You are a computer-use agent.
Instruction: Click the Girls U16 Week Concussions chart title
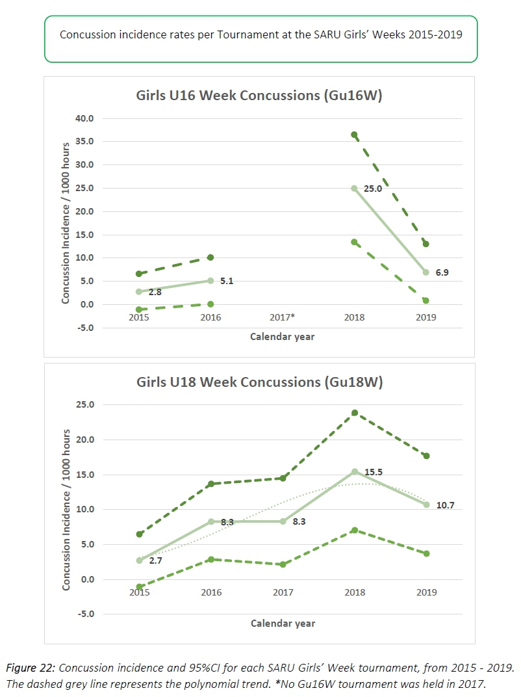tap(259, 96)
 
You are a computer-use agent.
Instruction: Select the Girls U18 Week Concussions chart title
tap(259, 382)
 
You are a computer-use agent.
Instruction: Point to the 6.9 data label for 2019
tap(442, 272)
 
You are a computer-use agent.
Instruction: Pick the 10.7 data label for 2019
tap(444, 505)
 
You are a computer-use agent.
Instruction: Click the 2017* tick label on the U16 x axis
tap(283, 317)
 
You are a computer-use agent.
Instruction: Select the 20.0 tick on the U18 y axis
tap(86, 440)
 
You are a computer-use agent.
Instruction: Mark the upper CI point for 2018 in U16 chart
tap(354, 135)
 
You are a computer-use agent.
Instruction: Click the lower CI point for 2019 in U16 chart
tap(426, 300)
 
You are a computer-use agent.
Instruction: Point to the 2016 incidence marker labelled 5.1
tap(210, 281)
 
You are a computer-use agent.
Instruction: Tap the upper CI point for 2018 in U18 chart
tap(354, 413)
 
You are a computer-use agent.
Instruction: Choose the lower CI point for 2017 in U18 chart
tap(283, 564)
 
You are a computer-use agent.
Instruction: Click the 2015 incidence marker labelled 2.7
tap(139, 560)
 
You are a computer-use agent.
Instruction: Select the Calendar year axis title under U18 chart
tap(283, 624)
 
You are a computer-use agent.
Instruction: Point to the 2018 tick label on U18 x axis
tap(354, 592)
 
